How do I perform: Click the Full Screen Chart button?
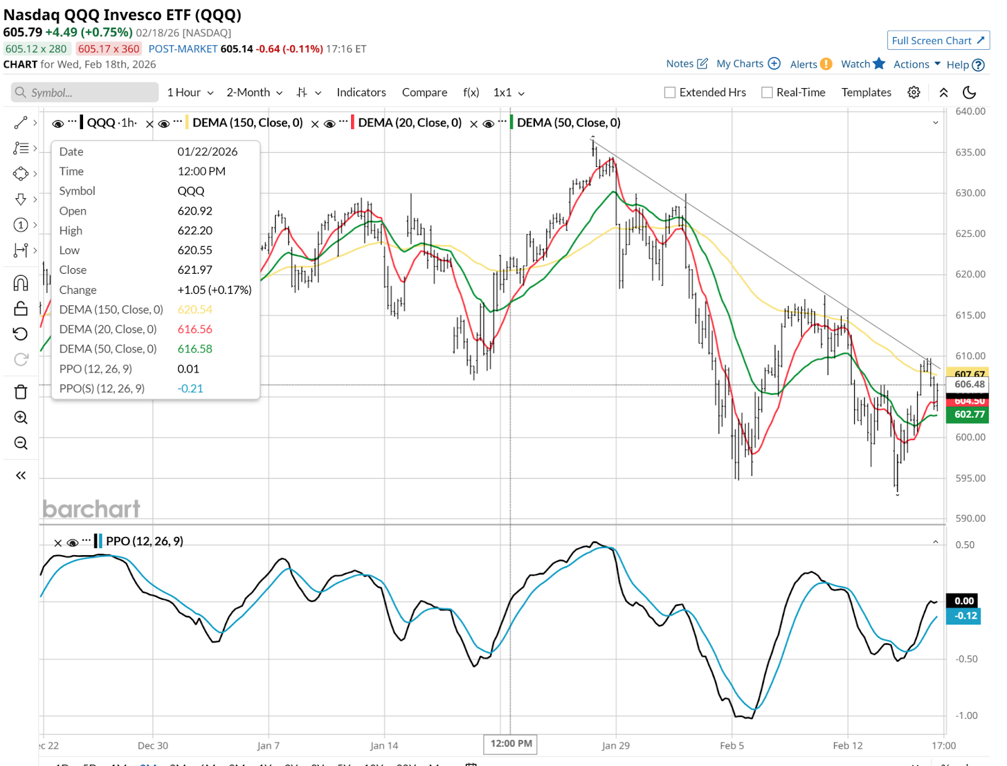click(x=938, y=41)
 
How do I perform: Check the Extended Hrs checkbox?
click(x=670, y=93)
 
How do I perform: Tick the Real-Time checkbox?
click(x=767, y=93)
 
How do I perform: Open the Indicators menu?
click(x=361, y=93)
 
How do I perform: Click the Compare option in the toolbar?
click(x=425, y=93)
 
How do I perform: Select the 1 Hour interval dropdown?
click(x=189, y=93)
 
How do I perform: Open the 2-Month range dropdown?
click(x=254, y=93)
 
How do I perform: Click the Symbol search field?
click(x=85, y=93)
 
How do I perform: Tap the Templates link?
click(x=866, y=93)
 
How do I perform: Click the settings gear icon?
click(x=914, y=93)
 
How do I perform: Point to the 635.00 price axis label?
click(x=970, y=152)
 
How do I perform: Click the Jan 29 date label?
click(x=616, y=746)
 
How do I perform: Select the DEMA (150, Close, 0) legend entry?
click(x=247, y=123)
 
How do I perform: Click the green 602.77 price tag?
click(x=969, y=414)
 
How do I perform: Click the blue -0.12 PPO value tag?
click(x=964, y=616)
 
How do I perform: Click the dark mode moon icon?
click(x=969, y=93)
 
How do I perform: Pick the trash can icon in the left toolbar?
click(x=21, y=392)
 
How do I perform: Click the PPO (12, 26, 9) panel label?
click(x=144, y=541)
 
